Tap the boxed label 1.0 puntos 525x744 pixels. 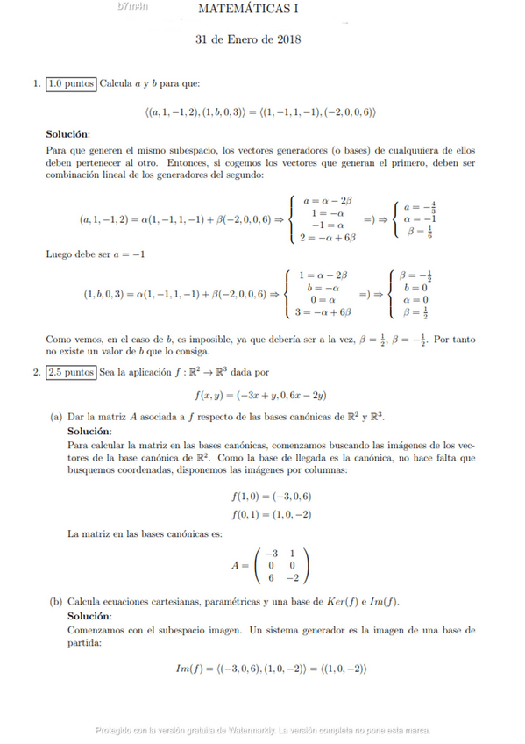click(71, 84)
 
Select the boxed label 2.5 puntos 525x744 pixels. click(71, 373)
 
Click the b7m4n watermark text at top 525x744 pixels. click(132, 6)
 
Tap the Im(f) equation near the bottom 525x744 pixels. click(270, 669)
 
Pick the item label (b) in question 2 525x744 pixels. click(55, 603)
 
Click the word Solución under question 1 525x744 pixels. click(67, 134)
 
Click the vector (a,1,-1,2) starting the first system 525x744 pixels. click(104, 218)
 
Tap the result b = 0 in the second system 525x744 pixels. click(415, 287)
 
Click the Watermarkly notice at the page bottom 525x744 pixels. click(263, 730)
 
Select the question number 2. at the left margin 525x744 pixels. click(36, 373)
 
